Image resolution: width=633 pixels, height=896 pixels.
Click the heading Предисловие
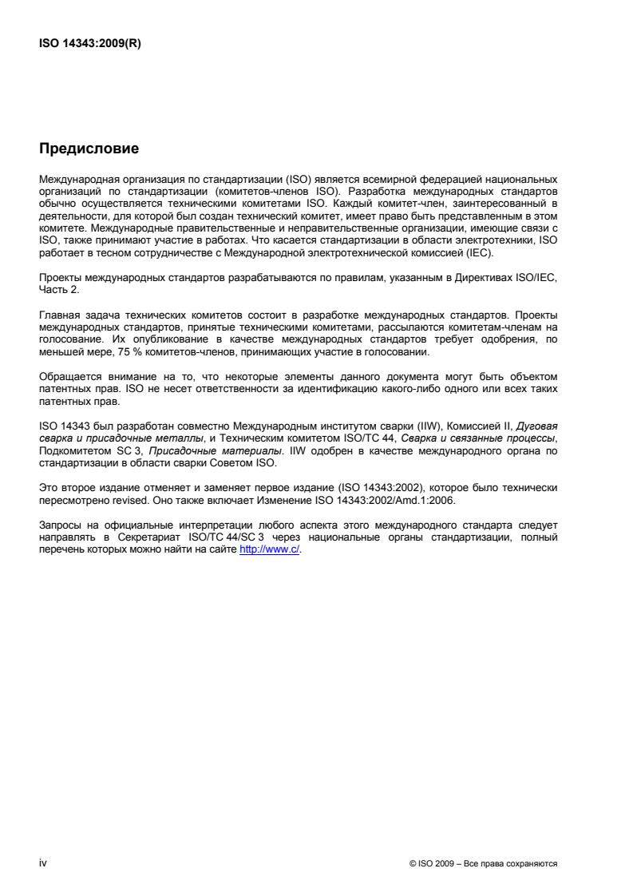coord(89,149)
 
